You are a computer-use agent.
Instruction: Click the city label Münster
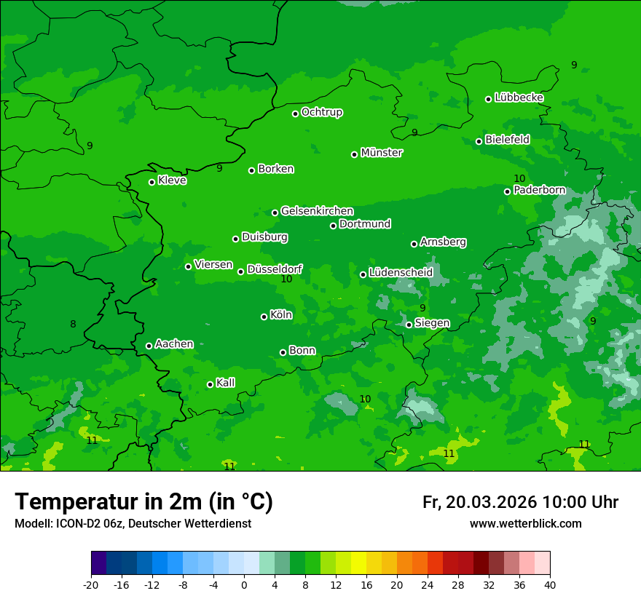[x=381, y=153]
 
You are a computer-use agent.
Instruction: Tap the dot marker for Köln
[x=264, y=317]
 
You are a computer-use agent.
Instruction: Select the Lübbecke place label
[x=519, y=98]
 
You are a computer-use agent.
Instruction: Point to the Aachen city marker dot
[x=149, y=346]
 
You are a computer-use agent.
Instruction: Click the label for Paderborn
[x=539, y=190]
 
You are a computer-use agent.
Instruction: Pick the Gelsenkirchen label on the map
[x=317, y=211]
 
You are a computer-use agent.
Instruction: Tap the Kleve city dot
[x=152, y=182]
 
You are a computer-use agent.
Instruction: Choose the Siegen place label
[x=432, y=323]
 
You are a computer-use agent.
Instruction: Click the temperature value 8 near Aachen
[x=73, y=324]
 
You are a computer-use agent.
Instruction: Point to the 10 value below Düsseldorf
[x=286, y=279]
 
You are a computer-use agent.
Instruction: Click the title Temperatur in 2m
[x=143, y=502]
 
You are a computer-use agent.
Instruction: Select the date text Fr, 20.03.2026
[x=479, y=502]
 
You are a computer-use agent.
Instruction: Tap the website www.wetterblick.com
[x=525, y=523]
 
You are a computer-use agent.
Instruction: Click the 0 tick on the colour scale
[x=244, y=584]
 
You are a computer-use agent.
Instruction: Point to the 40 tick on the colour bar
[x=549, y=584]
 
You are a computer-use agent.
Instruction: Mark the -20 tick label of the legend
[x=91, y=584]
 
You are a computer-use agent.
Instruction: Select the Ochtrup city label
[x=321, y=112]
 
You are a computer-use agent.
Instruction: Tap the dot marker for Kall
[x=210, y=384]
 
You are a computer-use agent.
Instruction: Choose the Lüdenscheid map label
[x=401, y=273]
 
